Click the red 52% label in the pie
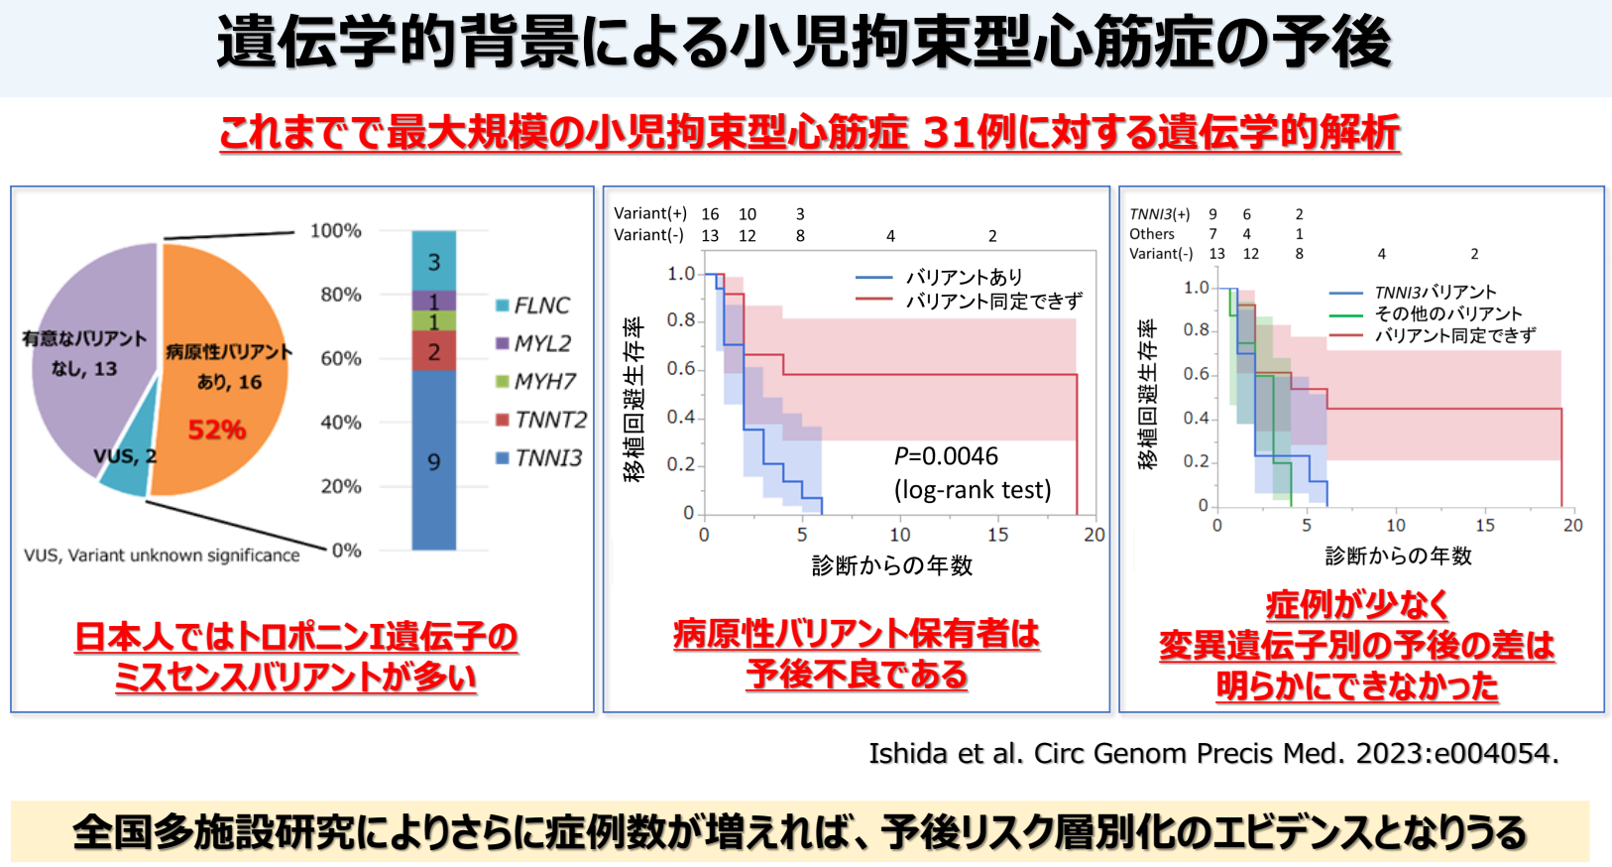(217, 430)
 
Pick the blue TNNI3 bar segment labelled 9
(434, 461)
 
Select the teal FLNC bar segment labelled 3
(434, 262)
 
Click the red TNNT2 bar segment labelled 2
(434, 351)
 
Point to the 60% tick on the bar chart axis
(340, 358)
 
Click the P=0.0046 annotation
(946, 456)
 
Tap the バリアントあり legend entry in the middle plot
(963, 278)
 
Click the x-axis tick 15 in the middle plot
(997, 535)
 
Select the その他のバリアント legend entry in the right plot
(1446, 314)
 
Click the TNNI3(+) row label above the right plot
(1160, 214)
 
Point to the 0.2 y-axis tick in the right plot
(1196, 461)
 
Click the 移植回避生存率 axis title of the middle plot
(633, 400)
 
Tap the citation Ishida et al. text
(1213, 754)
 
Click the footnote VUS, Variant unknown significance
(162, 556)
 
